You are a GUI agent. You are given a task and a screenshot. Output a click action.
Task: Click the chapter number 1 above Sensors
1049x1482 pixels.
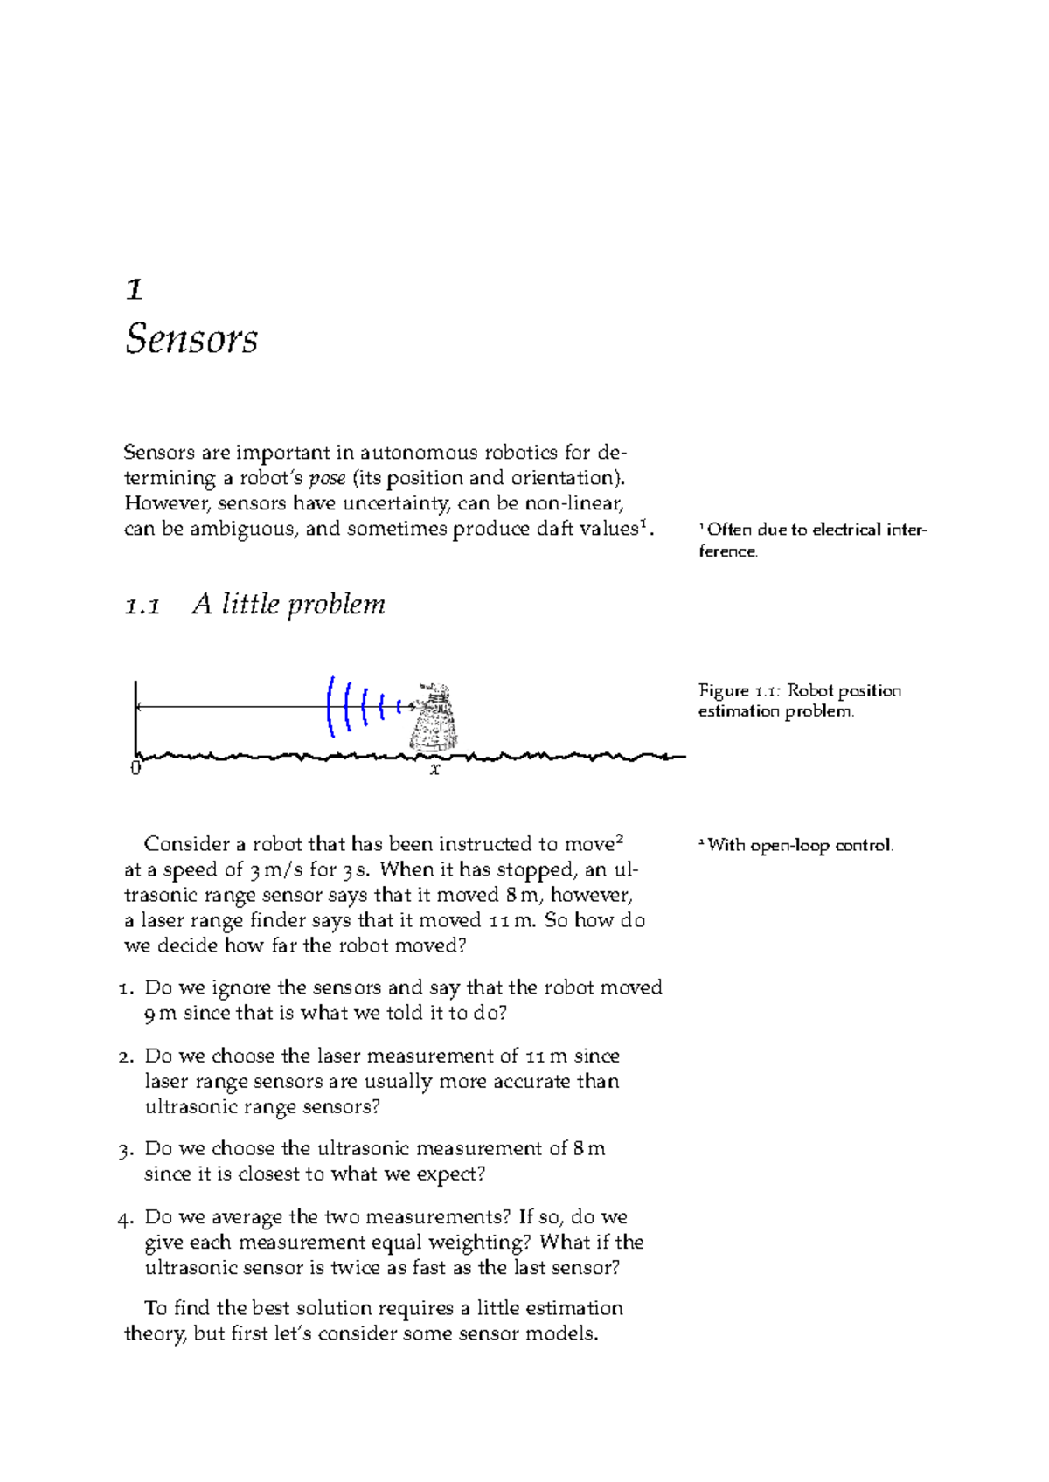click(x=135, y=289)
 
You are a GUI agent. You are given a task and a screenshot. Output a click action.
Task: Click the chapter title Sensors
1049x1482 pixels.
click(x=191, y=338)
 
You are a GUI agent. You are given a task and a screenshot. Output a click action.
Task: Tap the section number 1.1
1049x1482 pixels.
click(x=142, y=605)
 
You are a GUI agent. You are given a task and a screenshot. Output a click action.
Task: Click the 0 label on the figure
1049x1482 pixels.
click(x=135, y=769)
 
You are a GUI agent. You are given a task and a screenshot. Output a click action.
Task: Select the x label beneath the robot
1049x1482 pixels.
click(x=434, y=770)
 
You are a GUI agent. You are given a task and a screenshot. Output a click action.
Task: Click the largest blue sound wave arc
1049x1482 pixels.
click(x=331, y=706)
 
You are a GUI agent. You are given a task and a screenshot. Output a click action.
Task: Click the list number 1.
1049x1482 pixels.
click(x=127, y=988)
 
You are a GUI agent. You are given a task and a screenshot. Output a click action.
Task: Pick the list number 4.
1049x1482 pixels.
click(x=126, y=1218)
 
